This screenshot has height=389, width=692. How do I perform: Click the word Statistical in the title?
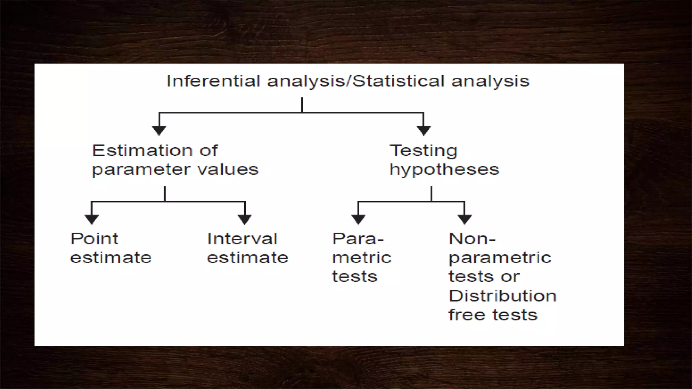398,81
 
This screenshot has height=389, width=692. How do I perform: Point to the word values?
228,169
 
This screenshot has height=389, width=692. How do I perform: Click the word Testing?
423,151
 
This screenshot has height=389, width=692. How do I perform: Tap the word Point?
94,239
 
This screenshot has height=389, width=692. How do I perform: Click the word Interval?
242,239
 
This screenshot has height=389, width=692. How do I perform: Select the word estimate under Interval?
248,258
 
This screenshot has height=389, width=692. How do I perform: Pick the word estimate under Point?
111,258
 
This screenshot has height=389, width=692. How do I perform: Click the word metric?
362,258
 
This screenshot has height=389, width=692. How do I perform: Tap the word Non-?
472,239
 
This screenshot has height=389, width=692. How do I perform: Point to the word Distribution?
502,296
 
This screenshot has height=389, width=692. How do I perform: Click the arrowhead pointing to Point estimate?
92,219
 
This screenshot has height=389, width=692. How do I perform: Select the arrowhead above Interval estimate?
245,219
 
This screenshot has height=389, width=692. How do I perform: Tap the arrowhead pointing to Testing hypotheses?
424,130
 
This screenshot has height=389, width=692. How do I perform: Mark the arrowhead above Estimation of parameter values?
159,130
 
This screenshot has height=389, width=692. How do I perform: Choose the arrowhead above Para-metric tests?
358,219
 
